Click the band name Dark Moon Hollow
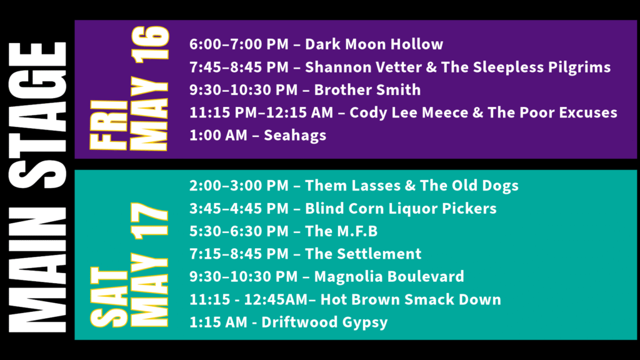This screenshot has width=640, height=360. [374, 44]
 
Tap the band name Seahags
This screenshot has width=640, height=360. [295, 136]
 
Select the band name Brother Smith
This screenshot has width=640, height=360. [367, 90]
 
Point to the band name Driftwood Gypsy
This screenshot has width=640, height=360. [324, 322]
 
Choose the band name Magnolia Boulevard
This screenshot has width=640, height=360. [389, 276]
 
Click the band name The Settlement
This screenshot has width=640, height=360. [363, 254]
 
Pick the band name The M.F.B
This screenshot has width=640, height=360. [341, 231]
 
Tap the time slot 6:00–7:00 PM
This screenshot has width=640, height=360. [239, 44]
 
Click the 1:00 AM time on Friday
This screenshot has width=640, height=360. [218, 136]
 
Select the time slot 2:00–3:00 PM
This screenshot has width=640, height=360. [239, 186]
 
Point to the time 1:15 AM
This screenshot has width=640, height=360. [218, 322]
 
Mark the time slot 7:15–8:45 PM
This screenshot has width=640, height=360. [239, 254]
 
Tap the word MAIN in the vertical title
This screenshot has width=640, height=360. [37, 270]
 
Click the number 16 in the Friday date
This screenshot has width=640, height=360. [149, 45]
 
